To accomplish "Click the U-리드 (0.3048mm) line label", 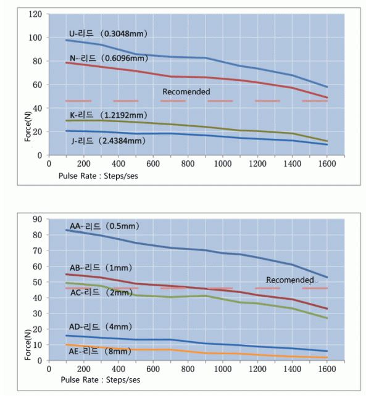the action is pyautogui.click(x=108, y=33).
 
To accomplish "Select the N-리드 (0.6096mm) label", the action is pyautogui.click(x=109, y=58).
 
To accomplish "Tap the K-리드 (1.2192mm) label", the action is pyautogui.click(x=109, y=115).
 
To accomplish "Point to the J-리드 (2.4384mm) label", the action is pyautogui.click(x=109, y=141).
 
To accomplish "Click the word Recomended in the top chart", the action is pyautogui.click(x=186, y=91).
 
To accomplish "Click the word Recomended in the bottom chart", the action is pyautogui.click(x=290, y=280).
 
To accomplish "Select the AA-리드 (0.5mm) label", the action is pyautogui.click(x=104, y=226).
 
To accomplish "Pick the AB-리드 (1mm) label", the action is pyautogui.click(x=101, y=268).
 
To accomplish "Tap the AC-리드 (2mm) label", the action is pyautogui.click(x=101, y=292).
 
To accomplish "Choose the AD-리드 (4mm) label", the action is pyautogui.click(x=101, y=326).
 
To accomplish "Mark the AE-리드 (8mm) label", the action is pyautogui.click(x=100, y=351).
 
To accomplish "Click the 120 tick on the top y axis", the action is pyautogui.click(x=35, y=14).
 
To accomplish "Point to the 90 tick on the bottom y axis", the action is pyautogui.click(x=38, y=220).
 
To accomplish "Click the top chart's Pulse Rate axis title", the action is pyautogui.click(x=98, y=176).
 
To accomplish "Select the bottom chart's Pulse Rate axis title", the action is pyautogui.click(x=101, y=380).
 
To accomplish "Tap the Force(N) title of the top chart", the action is pyautogui.click(x=28, y=126).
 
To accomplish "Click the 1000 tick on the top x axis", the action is pyautogui.click(x=223, y=163).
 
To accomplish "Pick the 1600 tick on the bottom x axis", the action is pyautogui.click(x=327, y=369).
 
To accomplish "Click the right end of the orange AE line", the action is pyautogui.click(x=327, y=358).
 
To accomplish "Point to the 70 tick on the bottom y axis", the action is pyautogui.click(x=38, y=250).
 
